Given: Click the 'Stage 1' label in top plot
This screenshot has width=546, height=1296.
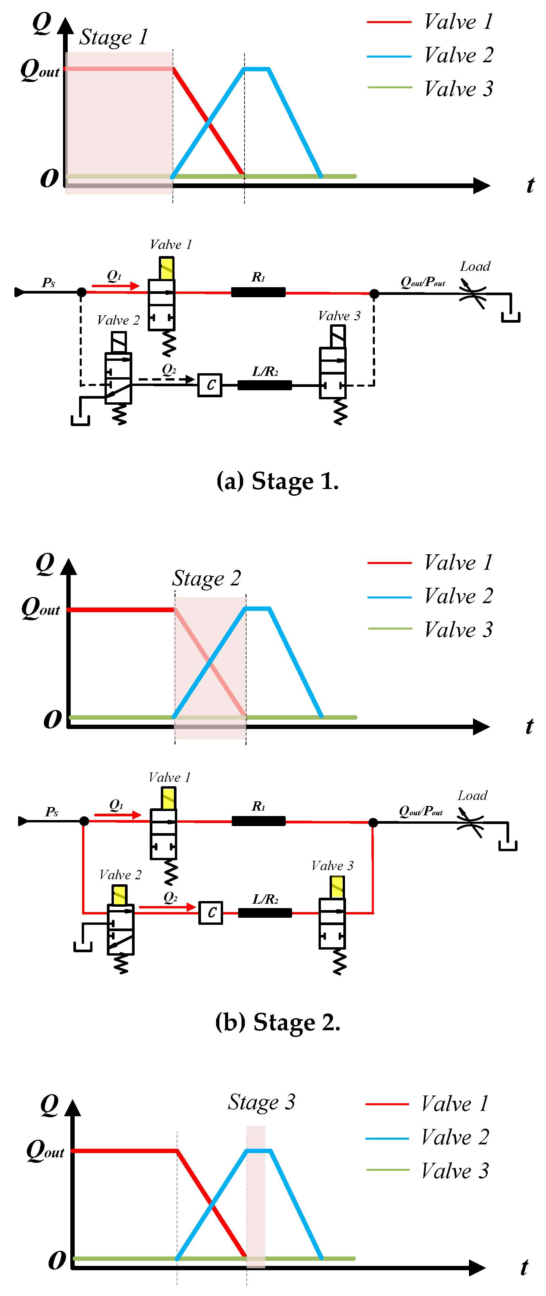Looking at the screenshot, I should click(x=114, y=37).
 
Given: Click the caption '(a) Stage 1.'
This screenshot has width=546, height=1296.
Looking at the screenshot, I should click(x=277, y=481).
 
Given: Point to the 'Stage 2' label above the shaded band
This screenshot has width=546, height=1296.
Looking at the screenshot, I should click(x=207, y=578).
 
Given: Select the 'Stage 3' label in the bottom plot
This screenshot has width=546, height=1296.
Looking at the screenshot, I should click(x=261, y=1102).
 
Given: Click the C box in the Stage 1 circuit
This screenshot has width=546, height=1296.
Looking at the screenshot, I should click(x=210, y=385).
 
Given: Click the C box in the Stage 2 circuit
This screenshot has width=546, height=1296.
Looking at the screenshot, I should click(x=211, y=912).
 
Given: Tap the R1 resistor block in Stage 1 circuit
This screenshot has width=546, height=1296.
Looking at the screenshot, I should click(x=258, y=292).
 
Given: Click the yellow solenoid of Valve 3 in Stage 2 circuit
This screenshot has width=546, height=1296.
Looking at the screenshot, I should click(x=337, y=886).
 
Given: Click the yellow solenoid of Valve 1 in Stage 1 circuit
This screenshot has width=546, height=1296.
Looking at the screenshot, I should click(x=167, y=268).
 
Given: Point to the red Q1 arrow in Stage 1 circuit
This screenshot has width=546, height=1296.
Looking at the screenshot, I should click(x=115, y=286).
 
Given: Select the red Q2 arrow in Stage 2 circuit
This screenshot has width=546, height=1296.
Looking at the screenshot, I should click(x=167, y=907).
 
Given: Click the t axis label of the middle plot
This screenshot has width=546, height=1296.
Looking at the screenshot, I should click(x=529, y=726).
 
